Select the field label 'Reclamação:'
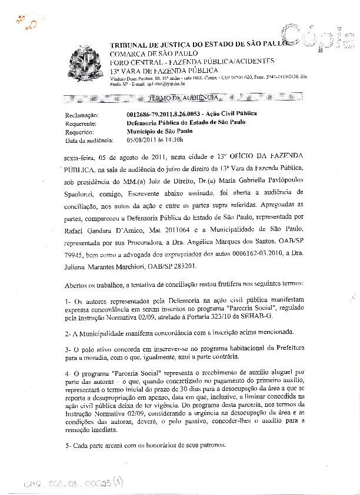pos(82,115)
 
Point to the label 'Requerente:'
pos(82,123)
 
